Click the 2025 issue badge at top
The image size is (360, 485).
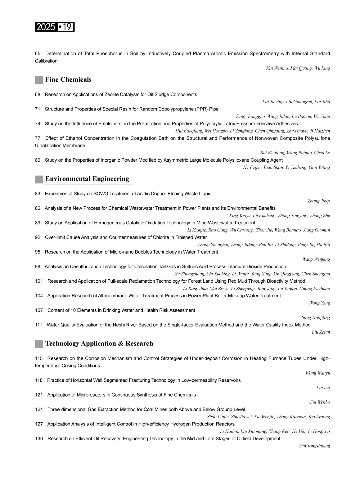coord(55,27)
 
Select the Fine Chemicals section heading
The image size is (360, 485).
coord(68,80)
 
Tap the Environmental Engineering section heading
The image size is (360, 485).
coord(87,179)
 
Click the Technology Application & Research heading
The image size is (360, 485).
coord(99,344)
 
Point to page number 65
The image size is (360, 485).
coord(38,54)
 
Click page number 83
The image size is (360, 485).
coord(38,194)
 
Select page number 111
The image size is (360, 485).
coord(38,325)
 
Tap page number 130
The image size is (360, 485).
coord(39,438)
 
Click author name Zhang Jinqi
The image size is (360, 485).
coord(318,201)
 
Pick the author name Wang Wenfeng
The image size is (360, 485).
coord(316,259)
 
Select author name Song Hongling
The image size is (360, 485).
coord(316,318)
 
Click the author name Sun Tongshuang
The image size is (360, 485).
coord(314,446)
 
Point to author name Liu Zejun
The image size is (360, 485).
coord(321,332)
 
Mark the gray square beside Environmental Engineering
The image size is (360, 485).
coord(39,179)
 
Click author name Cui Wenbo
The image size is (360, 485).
coord(319,402)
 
